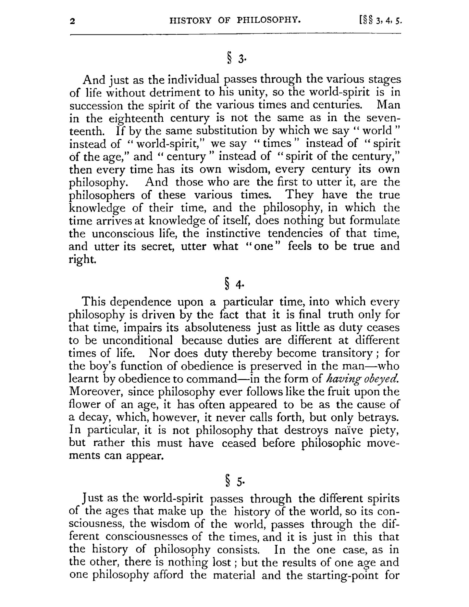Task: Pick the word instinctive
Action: pos(233,234)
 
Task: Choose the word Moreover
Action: pos(96,392)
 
